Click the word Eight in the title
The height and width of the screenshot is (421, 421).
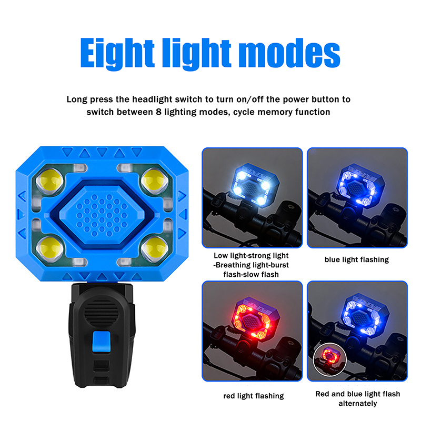point(117,54)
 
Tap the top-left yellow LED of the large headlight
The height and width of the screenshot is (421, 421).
point(50,181)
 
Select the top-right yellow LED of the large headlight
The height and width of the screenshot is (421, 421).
point(154,181)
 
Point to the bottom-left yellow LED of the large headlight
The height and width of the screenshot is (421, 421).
point(50,248)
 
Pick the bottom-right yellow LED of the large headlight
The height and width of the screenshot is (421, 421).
point(154,248)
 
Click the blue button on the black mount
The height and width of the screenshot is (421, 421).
point(101,342)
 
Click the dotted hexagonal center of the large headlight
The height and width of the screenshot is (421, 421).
point(102,215)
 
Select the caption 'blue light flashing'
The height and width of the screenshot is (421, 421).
point(357,259)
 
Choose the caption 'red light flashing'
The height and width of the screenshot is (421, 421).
point(254,396)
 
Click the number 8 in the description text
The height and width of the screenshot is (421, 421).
point(159,112)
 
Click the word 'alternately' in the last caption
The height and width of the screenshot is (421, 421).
point(358,404)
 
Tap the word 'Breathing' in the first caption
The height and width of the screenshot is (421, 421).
point(233,265)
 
